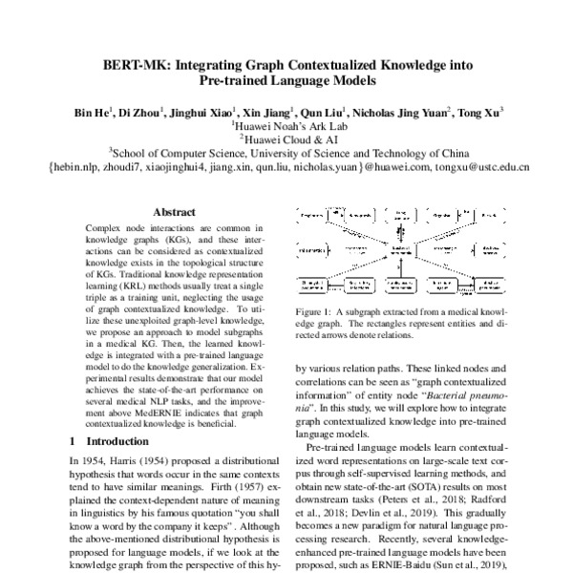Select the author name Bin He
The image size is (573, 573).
pos(93,112)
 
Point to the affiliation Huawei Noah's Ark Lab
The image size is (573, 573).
pos(287,124)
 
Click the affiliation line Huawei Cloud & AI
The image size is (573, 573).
pos(287,138)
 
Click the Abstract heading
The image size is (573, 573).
pos(174,215)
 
